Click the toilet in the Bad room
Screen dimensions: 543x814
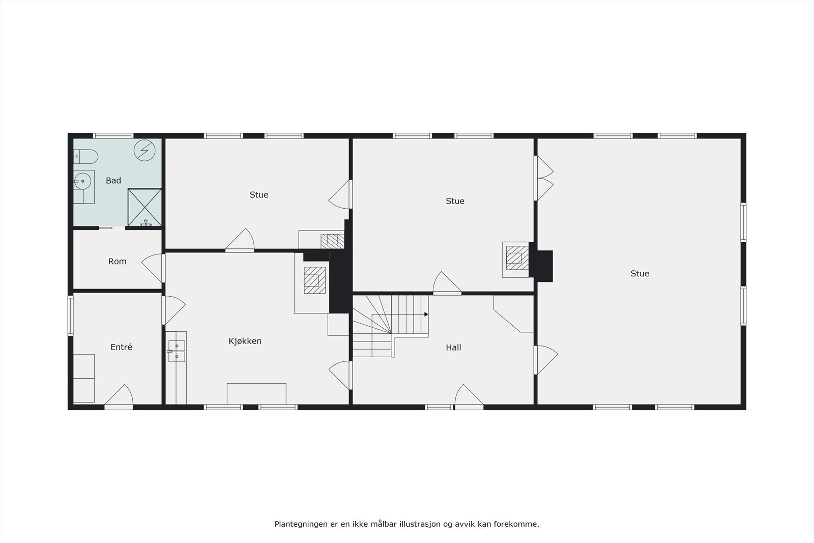click(86, 156)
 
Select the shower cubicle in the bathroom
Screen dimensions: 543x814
click(145, 207)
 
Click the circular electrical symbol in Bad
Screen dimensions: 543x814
click(144, 150)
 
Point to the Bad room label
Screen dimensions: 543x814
click(113, 181)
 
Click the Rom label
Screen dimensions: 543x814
click(117, 262)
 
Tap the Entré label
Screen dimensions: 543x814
click(121, 347)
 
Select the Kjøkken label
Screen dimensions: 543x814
click(245, 341)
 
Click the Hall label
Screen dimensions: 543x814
click(453, 348)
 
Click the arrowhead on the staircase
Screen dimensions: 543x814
click(426, 315)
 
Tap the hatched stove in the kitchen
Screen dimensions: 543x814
click(314, 280)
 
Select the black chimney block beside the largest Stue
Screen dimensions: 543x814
click(543, 266)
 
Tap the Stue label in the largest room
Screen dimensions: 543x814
click(639, 274)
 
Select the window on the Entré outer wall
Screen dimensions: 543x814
click(71, 316)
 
